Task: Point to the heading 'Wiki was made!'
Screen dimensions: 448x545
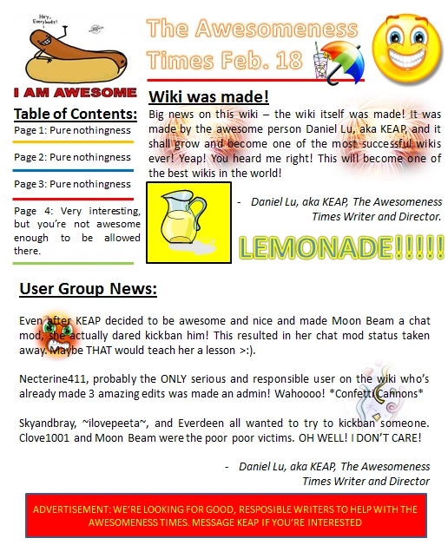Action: tap(208, 96)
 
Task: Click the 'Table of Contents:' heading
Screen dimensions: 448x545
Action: tap(76, 114)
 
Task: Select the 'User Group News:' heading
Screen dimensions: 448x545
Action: tap(88, 288)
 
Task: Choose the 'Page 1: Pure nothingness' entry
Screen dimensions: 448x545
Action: tap(73, 130)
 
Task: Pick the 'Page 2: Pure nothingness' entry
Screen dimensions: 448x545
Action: tap(73, 157)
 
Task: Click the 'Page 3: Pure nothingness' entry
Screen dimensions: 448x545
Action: tap(73, 184)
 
